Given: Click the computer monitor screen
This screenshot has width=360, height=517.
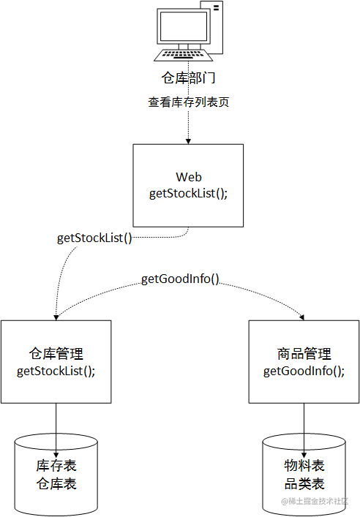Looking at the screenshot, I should coord(182,27).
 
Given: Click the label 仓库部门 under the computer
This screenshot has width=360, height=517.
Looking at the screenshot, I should coord(188,78).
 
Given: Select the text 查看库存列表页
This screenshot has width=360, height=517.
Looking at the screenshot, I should coord(189,102).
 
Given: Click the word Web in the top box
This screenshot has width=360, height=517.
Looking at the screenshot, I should coord(189,178).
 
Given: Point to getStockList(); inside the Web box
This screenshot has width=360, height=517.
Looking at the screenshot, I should coord(189,193).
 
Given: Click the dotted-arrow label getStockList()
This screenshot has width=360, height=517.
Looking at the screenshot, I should coord(94,238).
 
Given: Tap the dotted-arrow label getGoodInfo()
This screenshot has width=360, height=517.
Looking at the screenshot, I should coord(180,279).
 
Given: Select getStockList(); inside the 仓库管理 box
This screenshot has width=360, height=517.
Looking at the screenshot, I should coord(56,371).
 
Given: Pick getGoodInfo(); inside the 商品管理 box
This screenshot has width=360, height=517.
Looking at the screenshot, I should coord(304,371).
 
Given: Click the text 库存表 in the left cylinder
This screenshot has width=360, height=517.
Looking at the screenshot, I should coord(56,467).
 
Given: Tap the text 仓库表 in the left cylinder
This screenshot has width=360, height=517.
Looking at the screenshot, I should coord(56,483).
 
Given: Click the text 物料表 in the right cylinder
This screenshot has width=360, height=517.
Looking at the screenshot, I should coord(304,467).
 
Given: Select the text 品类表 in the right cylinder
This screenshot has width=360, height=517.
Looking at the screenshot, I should coord(304,483).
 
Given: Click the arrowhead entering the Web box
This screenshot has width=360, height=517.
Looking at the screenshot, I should coord(189,140).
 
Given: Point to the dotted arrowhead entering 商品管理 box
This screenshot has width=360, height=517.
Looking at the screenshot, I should coord(301,317).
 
